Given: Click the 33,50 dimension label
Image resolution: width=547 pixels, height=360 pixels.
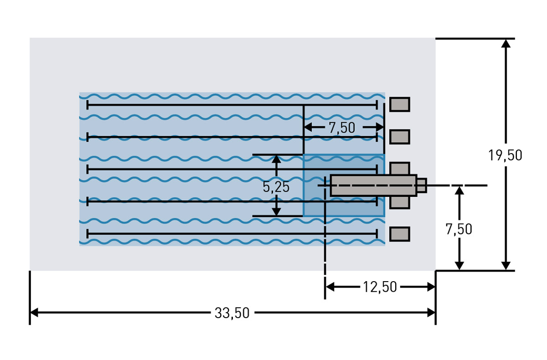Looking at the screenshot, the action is coord(232,313).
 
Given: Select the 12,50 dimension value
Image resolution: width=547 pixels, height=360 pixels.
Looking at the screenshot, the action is coord(380,287).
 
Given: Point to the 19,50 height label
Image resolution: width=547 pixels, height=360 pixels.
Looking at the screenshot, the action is coord(505,155).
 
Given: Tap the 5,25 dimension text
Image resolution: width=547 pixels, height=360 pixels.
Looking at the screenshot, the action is coord(276,187).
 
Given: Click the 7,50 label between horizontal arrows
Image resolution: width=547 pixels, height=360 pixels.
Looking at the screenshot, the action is coord(342,128).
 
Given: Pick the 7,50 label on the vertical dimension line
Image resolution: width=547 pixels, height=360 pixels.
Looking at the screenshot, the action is coord(459,229).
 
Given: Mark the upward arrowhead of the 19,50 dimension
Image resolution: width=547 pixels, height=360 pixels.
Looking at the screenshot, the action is coord(506,43).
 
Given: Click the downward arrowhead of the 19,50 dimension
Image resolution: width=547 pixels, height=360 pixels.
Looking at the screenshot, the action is coord(506,266).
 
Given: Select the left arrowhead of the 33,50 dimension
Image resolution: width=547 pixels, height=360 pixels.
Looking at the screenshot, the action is coord(34,313).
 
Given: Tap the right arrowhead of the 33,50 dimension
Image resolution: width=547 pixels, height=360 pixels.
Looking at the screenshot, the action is coord(431,313).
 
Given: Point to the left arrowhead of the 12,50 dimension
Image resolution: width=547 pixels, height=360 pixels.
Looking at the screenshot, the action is coord(330,287).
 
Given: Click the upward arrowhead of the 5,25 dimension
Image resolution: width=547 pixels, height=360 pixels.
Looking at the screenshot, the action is coord(276,159).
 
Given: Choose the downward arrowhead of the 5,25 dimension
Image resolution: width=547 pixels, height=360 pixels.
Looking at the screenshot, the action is coord(276,211).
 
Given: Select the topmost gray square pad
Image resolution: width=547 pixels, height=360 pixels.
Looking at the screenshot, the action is coord(399,104).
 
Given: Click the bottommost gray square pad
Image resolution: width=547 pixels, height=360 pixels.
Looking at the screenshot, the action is coord(399,234).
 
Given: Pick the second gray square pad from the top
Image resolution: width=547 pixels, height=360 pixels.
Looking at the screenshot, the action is coord(399,137).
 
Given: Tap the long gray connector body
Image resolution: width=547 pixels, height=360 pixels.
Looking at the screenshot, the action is coord(374,185).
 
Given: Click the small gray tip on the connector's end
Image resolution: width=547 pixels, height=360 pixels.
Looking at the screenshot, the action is coord(422,185).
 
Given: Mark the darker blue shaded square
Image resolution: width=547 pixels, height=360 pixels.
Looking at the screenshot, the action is coord(344,185).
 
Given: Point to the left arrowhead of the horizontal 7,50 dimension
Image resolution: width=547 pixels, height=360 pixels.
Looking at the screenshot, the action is coord(309,127).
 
